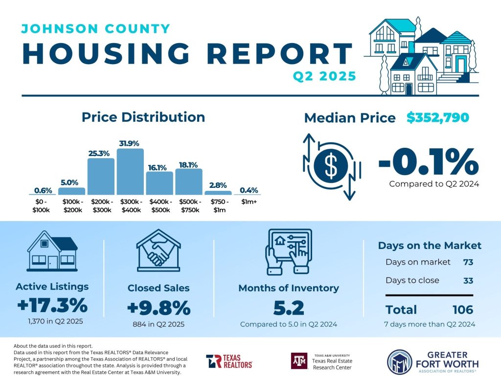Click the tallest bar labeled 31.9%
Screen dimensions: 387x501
pyautogui.click(x=130, y=171)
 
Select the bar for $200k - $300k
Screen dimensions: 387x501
pyautogui.click(x=101, y=176)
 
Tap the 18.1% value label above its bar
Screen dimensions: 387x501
pyautogui.click(x=189, y=165)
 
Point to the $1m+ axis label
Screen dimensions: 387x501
pyautogui.click(x=249, y=202)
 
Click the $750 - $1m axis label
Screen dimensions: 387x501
pyautogui.click(x=218, y=205)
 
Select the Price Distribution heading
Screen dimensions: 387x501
pyautogui.click(x=143, y=117)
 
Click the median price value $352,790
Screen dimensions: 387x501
pyautogui.click(x=437, y=118)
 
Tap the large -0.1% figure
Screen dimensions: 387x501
pyautogui.click(x=428, y=161)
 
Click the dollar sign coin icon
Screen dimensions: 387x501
pyautogui.click(x=331, y=166)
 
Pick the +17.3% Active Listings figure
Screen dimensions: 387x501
pyautogui.click(x=52, y=306)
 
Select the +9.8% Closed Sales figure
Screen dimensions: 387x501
pyautogui.click(x=158, y=308)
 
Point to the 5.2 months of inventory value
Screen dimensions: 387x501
pyautogui.click(x=288, y=308)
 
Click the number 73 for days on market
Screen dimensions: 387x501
pyautogui.click(x=468, y=262)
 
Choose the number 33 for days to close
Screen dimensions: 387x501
pyautogui.click(x=468, y=280)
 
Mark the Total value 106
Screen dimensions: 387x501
pyautogui.click(x=462, y=310)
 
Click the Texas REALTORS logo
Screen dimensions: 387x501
pyautogui.click(x=229, y=361)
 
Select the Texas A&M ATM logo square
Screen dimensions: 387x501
pyautogui.click(x=299, y=361)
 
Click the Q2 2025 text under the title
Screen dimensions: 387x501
pyautogui.click(x=324, y=76)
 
